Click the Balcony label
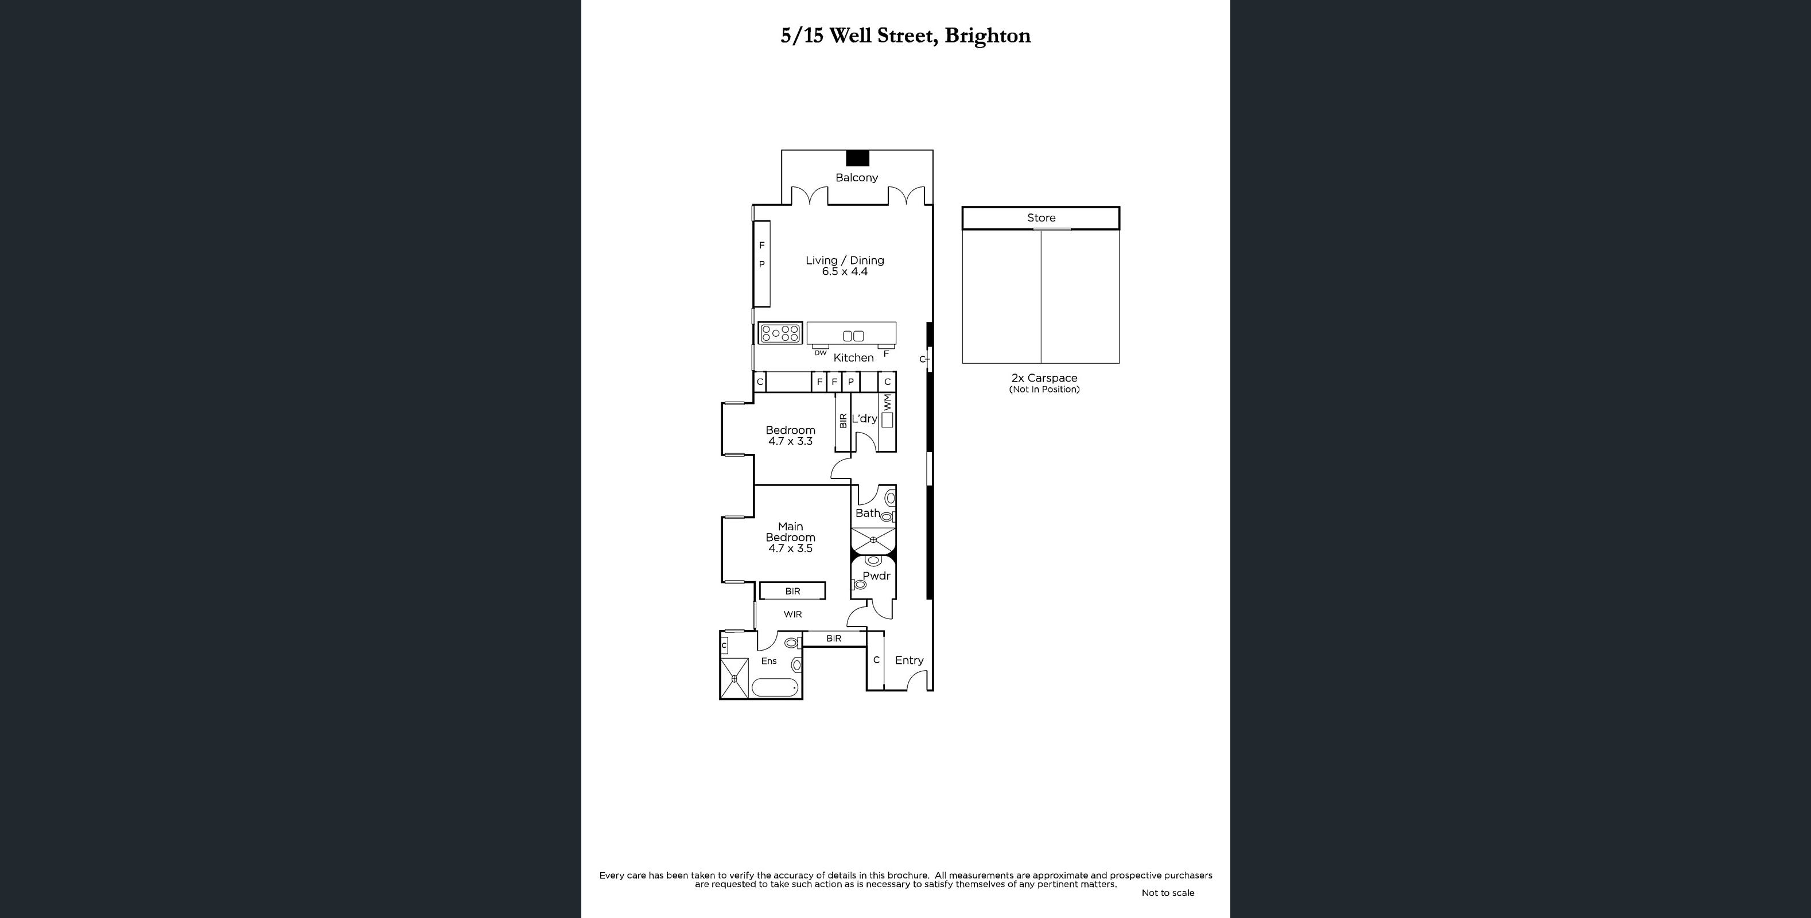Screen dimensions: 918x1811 [x=856, y=178]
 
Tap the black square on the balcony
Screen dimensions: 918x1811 [x=857, y=158]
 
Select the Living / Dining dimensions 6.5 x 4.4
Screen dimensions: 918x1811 [x=844, y=272]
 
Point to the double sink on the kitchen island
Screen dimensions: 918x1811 [x=853, y=336]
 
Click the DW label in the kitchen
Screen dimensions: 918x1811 [x=821, y=353]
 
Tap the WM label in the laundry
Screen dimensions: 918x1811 [x=887, y=402]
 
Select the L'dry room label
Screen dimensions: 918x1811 [x=864, y=419]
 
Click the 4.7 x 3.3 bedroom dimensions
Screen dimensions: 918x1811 [x=790, y=441]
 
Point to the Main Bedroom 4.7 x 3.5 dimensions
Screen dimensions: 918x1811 [x=790, y=549]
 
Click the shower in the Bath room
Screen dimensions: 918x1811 [x=873, y=540]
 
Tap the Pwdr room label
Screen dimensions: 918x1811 [x=876, y=575]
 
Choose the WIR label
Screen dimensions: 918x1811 [x=792, y=614]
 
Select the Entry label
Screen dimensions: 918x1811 [x=908, y=660]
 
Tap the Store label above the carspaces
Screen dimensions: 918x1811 [x=1041, y=218]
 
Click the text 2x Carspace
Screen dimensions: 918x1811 [x=1044, y=378]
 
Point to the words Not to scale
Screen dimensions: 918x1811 [x=1167, y=893]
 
